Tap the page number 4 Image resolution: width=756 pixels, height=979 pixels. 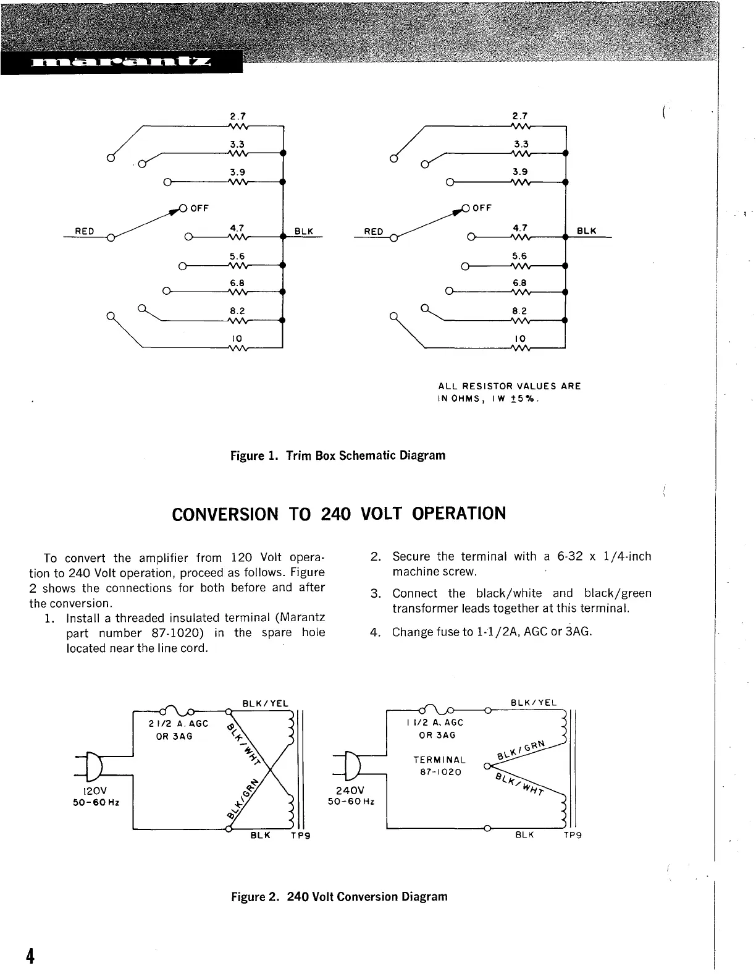(x=29, y=955)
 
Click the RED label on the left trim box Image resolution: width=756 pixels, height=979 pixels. (x=84, y=231)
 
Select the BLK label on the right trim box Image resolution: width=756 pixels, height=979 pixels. (x=586, y=231)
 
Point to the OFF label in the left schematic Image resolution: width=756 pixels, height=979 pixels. (x=199, y=208)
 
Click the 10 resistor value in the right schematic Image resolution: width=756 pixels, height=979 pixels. (x=519, y=339)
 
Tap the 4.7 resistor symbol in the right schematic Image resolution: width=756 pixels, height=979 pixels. (x=520, y=237)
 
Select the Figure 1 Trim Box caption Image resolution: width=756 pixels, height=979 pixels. (x=338, y=456)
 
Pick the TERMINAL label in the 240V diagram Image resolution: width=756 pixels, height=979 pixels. (x=439, y=760)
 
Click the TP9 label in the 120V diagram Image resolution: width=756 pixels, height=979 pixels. (x=300, y=836)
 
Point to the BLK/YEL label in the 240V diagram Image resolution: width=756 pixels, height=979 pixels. (x=534, y=703)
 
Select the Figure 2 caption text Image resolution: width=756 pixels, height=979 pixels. (x=339, y=896)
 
